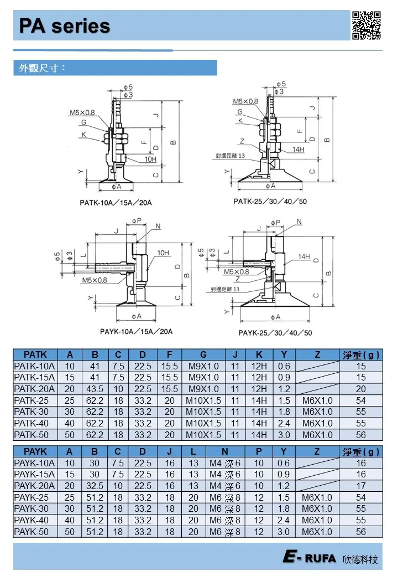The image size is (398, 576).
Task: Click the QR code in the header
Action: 366,25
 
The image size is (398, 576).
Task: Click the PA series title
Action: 65,26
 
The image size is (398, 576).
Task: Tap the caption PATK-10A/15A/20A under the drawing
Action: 116,203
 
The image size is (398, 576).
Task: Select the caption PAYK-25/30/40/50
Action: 275,333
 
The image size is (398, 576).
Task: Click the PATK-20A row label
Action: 34,389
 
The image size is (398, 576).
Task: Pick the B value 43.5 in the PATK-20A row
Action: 95,389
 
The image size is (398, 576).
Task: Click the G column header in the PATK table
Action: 203,354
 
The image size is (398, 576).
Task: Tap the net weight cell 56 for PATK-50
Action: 361,435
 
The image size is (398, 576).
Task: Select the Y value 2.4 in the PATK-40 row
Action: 284,424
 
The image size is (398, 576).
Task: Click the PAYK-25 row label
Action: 32,498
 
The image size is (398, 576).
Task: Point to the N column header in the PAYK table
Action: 224,451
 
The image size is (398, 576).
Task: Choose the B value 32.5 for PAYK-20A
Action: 95,486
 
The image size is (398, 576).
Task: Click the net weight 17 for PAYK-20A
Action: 361,486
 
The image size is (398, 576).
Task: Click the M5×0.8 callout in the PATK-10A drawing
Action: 82,113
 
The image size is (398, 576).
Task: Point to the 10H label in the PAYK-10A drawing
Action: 163,253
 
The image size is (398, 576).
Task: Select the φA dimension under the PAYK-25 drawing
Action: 276,317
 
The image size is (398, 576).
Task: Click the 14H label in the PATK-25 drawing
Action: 298,149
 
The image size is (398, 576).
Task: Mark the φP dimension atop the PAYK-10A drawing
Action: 137,221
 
